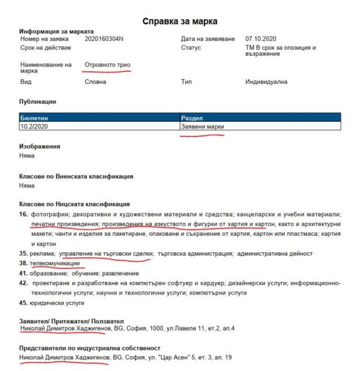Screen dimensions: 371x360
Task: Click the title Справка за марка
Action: [180, 21]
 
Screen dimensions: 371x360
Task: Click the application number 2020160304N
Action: [108, 39]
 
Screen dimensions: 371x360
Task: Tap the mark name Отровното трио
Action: [107, 65]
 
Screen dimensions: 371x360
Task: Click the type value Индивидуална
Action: [266, 82]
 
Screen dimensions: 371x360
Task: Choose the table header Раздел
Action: [192, 118]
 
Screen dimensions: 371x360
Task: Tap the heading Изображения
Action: [39, 146]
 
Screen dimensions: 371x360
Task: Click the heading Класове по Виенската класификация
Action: [76, 176]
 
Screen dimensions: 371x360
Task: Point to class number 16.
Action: [23, 214]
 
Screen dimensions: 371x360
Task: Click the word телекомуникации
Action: [55, 263]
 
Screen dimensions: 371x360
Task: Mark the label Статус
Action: [191, 48]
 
